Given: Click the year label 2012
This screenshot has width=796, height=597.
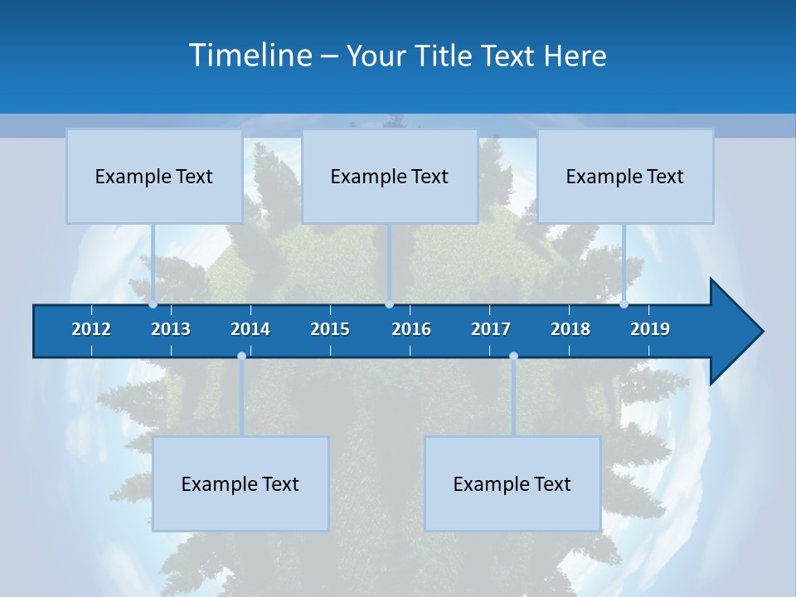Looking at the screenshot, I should coord(91,330).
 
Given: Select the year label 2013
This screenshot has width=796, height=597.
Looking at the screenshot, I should coord(171,330).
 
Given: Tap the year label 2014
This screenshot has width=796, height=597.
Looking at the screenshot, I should coord(250,330).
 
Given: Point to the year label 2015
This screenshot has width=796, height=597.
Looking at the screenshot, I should coord(330,330).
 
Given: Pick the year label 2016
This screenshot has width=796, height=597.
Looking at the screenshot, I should coord(411,330).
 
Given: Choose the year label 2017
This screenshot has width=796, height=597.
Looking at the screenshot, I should coord(491,330).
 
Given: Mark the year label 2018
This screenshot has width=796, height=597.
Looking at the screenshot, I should coord(570,330).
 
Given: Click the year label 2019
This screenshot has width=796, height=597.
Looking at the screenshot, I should coord(650,330).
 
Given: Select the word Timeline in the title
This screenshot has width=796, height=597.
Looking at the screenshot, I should coord(250,56).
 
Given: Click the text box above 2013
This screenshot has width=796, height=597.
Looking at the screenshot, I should coord(154,176).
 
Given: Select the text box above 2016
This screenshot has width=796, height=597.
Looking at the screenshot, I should coord(390,176).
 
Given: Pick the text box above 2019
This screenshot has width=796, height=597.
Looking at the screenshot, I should coord(625,176).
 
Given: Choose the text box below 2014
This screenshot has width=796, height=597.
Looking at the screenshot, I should coord(240,483).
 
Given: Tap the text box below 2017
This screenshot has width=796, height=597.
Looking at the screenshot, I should coord(512,483).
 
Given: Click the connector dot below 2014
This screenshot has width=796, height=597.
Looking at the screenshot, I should coord(241,356).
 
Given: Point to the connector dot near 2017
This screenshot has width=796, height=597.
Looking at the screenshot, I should coord(513,356).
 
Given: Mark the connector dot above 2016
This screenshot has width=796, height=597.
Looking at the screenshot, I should coord(389,304).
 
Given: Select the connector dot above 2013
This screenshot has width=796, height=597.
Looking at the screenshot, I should coord(153,304).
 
